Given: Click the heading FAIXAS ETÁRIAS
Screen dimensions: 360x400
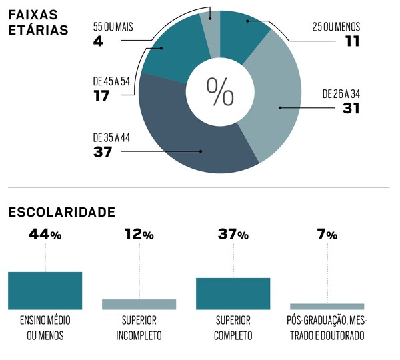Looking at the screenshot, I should pos(39,23).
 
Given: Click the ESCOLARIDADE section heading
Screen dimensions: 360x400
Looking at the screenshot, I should pos(61,212).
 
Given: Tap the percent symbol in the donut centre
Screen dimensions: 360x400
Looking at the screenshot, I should pos(219,91).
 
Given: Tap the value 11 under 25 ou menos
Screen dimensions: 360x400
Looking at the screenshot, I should pos(352,41).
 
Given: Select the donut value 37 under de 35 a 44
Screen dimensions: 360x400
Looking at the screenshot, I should pos(104,151).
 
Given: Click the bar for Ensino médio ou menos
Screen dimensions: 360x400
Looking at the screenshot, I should pos(45,291).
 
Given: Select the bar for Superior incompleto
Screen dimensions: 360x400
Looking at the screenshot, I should pos(139,304).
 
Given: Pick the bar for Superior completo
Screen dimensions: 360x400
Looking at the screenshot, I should pos(233,293).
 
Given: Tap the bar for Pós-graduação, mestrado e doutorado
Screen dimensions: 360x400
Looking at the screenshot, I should pos(327,307).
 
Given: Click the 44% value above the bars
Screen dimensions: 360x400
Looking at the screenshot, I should pos(45,235).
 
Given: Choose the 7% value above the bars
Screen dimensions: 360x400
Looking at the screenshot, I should pos(327,235).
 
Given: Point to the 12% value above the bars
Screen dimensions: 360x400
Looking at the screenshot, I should pos(139,235).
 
